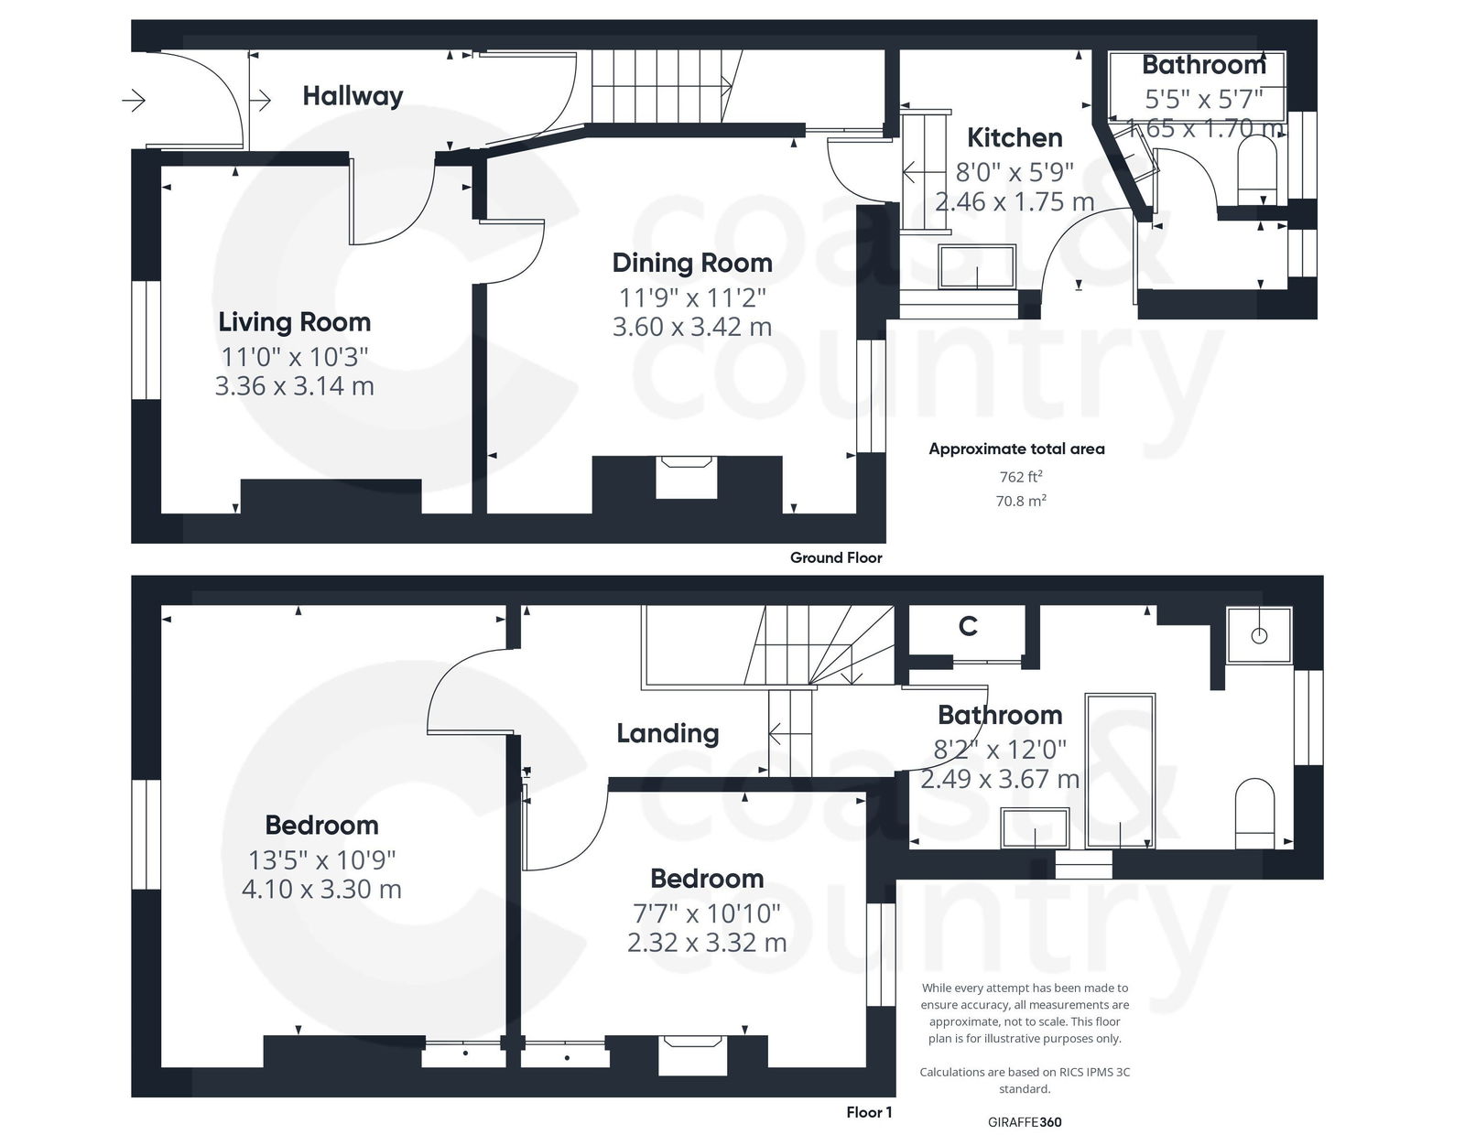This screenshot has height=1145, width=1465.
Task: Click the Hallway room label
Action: [x=353, y=96]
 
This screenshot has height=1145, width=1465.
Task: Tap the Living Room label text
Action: [x=294, y=322]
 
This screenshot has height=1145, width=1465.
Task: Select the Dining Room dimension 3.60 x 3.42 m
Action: [x=691, y=327]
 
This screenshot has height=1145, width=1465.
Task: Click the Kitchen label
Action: [x=1015, y=138]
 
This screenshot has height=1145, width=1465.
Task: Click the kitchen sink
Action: [x=977, y=266]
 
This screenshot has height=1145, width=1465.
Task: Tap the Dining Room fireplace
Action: [x=687, y=477]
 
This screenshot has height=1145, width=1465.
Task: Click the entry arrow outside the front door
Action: [x=134, y=100]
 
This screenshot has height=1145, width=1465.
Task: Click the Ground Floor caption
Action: [x=836, y=557]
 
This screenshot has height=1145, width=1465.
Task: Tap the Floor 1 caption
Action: [x=869, y=1112]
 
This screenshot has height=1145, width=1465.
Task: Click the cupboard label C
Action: [x=968, y=627]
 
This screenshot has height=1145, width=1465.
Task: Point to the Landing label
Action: [x=667, y=733]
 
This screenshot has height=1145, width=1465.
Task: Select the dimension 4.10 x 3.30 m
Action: [x=321, y=889]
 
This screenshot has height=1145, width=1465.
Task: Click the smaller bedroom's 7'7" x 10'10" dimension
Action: [x=706, y=913]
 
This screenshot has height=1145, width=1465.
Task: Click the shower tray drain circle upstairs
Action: [x=1259, y=635]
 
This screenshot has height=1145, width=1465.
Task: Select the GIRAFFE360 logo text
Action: [x=1025, y=1121]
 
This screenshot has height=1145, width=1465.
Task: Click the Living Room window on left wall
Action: [x=146, y=340]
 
